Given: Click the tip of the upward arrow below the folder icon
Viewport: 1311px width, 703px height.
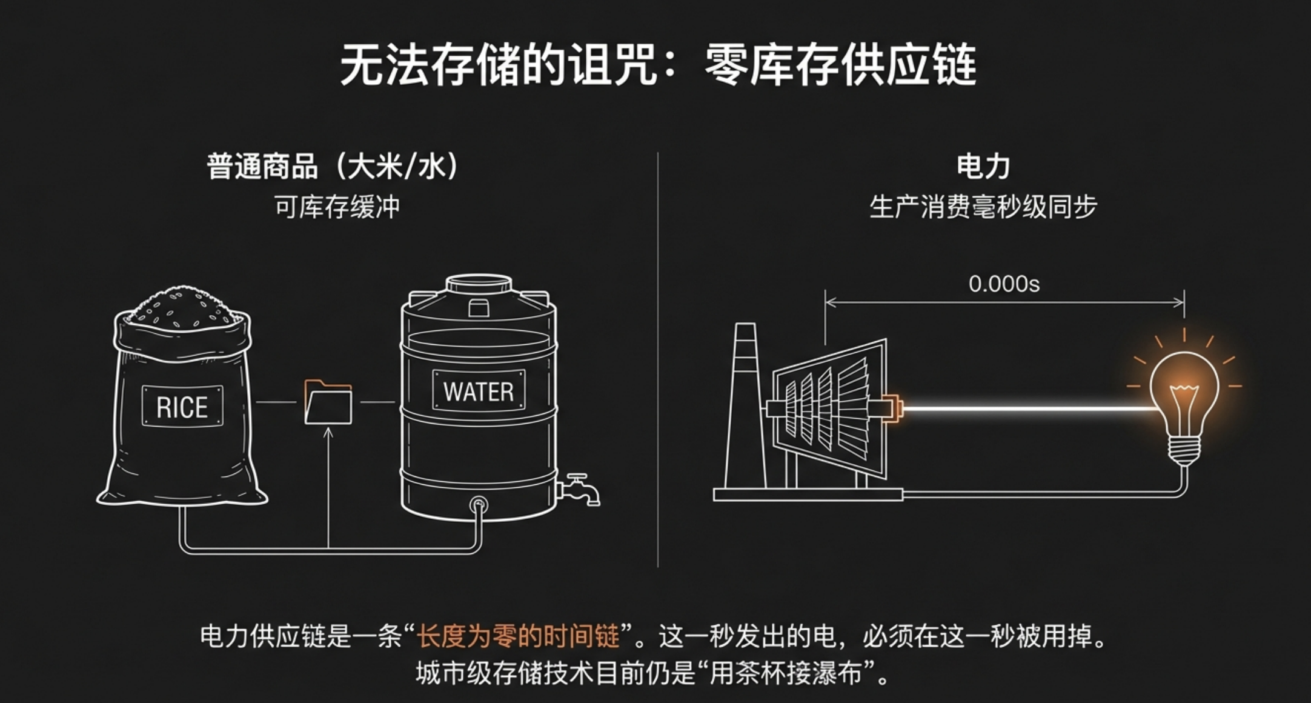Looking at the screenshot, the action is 328,428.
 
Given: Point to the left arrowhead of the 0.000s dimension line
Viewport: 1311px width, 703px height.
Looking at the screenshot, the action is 826,302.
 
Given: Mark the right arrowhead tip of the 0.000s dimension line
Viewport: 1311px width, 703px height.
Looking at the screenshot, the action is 1184,302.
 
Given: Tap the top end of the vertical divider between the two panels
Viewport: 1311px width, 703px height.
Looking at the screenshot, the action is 658,153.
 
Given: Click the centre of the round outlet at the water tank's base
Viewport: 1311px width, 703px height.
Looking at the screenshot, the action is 479,504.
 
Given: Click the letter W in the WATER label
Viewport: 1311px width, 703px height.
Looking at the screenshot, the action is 453,391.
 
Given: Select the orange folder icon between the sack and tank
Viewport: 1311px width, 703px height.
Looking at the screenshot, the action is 328,402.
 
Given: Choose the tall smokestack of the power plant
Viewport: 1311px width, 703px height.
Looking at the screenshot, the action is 745,405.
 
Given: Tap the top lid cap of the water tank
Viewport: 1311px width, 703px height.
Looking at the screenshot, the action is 479,284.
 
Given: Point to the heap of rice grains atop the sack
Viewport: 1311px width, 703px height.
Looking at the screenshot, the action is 182,306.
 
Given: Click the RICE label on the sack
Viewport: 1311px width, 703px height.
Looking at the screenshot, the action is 182,407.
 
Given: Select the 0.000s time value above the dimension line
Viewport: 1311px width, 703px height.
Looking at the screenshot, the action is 1004,284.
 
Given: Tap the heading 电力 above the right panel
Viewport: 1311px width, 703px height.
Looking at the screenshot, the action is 983,166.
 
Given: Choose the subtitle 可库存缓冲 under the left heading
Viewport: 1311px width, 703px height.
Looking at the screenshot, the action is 337,207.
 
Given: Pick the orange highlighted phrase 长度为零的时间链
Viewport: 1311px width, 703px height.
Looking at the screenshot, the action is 518,636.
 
